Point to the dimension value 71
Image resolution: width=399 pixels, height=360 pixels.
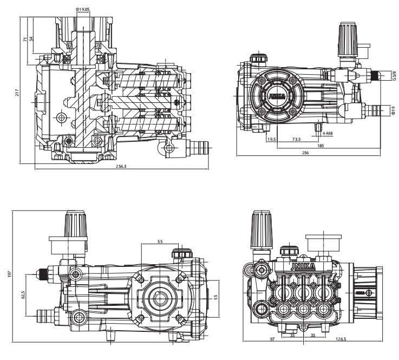[25, 40]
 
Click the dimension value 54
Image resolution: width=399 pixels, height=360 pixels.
[31, 40]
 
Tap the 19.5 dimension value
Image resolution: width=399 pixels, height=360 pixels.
[271, 139]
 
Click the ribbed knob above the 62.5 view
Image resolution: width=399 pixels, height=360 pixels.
[76, 223]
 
